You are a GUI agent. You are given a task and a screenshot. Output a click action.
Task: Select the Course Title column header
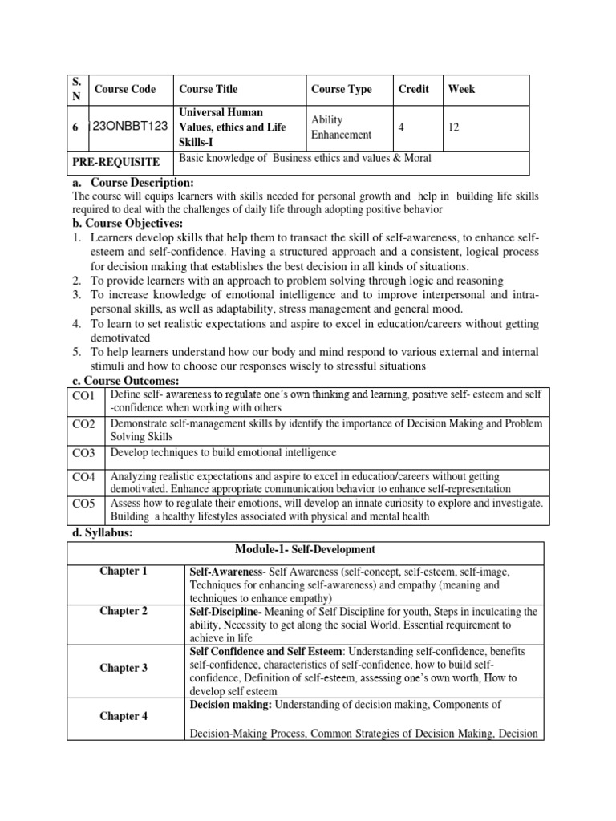click(x=208, y=89)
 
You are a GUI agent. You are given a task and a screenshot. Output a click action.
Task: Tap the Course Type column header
click(x=341, y=89)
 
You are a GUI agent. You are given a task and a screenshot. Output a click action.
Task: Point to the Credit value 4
click(x=401, y=127)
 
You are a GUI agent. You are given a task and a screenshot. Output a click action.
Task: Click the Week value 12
click(x=454, y=127)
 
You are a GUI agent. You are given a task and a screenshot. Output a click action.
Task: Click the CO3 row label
click(x=83, y=454)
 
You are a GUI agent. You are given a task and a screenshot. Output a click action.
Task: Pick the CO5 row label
click(x=83, y=504)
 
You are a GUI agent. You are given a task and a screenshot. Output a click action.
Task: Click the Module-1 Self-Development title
click(x=306, y=549)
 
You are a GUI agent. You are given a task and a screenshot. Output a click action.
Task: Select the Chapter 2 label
click(x=124, y=611)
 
